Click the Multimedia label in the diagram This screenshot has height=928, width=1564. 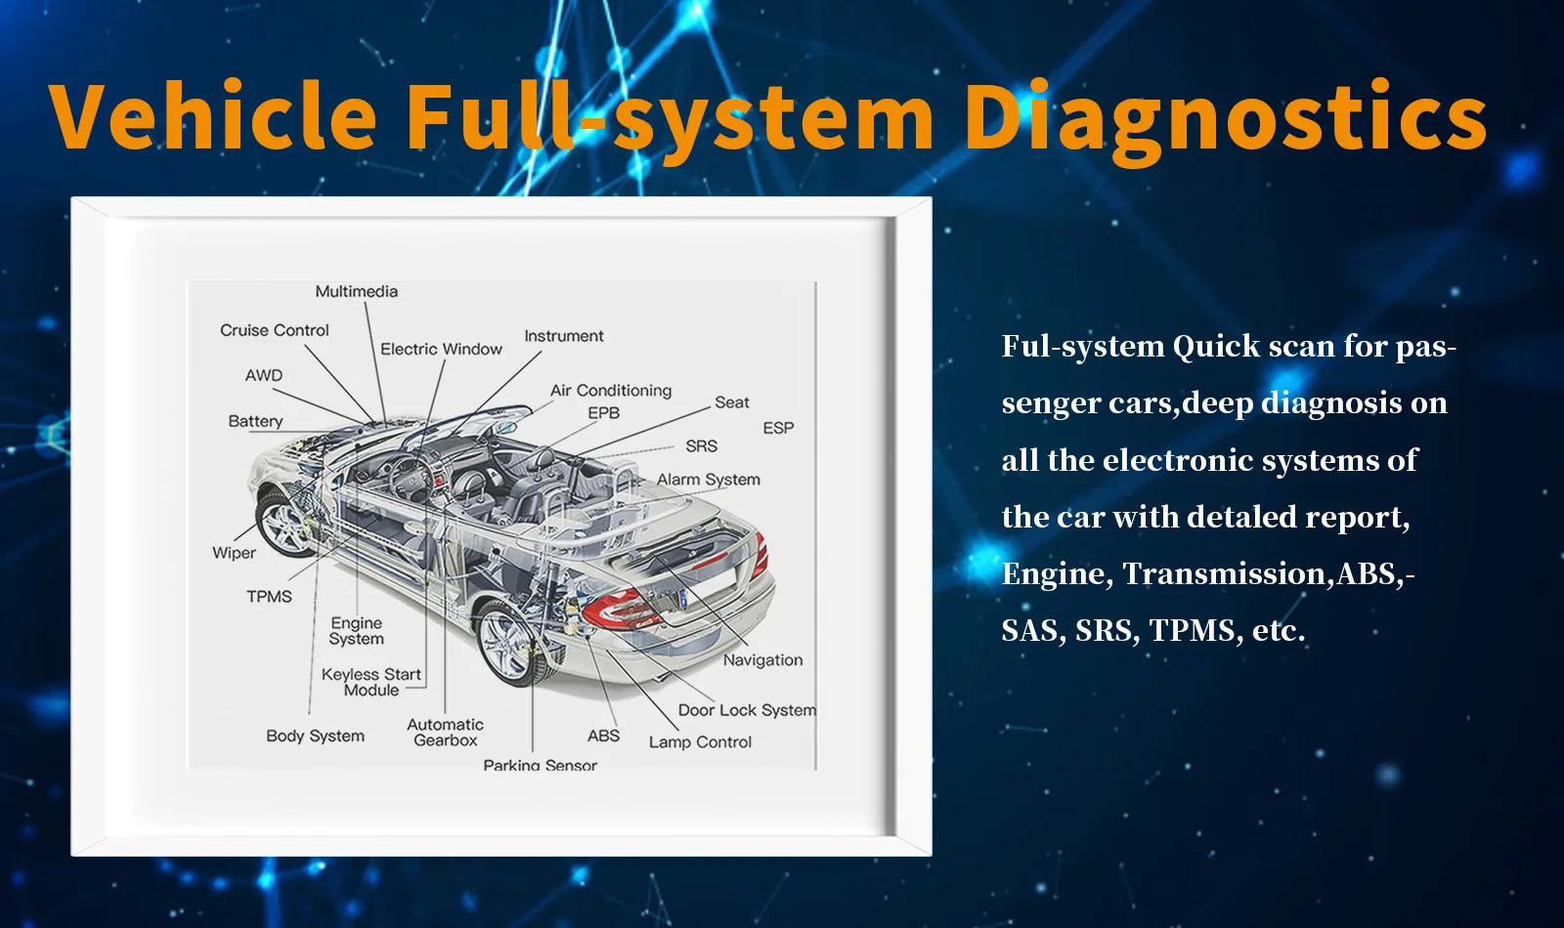(x=356, y=291)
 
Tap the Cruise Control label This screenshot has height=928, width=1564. (x=274, y=330)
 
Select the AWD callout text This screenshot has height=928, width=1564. (x=264, y=375)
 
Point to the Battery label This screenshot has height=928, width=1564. (x=255, y=421)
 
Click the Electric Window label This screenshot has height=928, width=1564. (x=441, y=349)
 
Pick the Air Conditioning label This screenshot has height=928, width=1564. (x=611, y=391)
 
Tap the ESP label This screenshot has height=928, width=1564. (x=778, y=428)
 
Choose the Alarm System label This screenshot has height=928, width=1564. (x=708, y=480)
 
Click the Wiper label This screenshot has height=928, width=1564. (x=234, y=553)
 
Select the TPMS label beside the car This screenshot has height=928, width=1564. (x=269, y=596)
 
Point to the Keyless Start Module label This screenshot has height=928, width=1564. (x=371, y=682)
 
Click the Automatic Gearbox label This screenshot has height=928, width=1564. (x=445, y=732)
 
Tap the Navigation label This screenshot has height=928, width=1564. (x=762, y=660)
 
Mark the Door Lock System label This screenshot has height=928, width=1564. (x=747, y=710)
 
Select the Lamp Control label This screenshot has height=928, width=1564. (x=700, y=741)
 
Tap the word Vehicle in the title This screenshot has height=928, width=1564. (x=213, y=117)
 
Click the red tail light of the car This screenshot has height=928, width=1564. (x=620, y=610)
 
